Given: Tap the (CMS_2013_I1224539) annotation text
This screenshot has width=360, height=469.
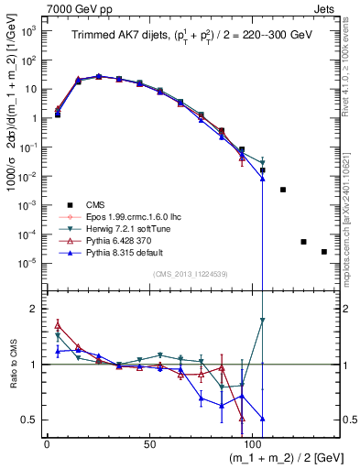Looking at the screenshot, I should [x=190, y=275].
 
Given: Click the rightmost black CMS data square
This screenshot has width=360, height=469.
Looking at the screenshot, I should [x=324, y=252].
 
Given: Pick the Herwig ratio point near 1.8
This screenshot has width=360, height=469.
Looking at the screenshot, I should [x=262, y=321].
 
